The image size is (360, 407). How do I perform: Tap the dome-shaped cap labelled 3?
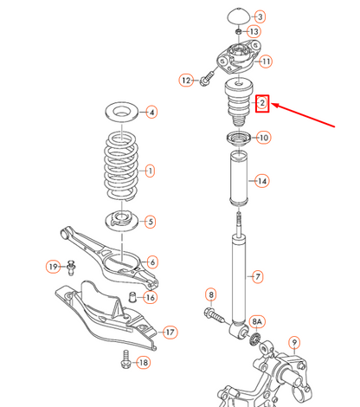235,17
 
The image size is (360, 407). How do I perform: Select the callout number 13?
254,31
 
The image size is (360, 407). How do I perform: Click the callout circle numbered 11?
265,61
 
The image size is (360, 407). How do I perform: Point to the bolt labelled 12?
205,81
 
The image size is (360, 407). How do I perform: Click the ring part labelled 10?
236,138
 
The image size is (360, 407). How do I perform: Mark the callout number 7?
255,276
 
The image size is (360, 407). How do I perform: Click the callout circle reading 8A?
258,321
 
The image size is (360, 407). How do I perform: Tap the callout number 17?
170,332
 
